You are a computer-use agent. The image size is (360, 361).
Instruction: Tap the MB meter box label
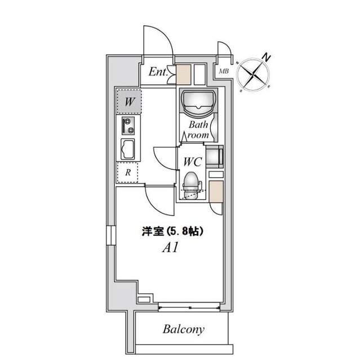[x=223, y=71]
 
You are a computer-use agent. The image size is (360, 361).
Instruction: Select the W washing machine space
[x=129, y=102]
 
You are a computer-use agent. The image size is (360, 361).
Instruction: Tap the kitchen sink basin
[x=128, y=150]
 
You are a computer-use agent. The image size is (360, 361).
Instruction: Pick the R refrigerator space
[x=128, y=173]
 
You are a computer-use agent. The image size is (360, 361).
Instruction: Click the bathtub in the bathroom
[x=198, y=102]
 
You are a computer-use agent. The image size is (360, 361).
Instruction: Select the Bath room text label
[x=199, y=130]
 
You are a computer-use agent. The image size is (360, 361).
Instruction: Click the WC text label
[x=192, y=161]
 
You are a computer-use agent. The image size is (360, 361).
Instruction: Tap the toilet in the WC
[x=192, y=184]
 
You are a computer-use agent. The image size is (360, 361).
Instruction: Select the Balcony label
[x=184, y=329]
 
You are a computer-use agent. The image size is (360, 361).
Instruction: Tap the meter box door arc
[x=224, y=51]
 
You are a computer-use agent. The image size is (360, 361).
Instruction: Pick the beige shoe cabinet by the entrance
[x=184, y=74]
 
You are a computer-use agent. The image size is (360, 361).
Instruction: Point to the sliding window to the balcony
[x=189, y=306]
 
